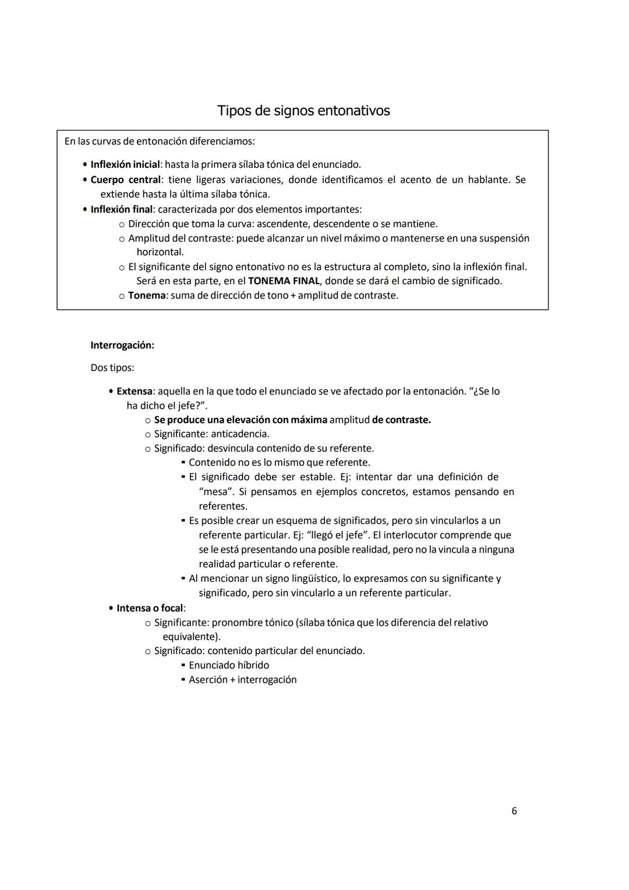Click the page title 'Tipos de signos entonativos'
click(303, 111)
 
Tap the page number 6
click(514, 811)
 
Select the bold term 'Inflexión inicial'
click(125, 165)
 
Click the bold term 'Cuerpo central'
click(125, 180)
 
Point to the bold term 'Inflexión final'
click(121, 209)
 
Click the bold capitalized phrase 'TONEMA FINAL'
click(284, 281)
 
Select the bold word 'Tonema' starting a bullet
click(147, 295)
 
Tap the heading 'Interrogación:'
click(122, 345)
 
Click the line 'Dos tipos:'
click(112, 368)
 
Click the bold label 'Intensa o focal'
click(150, 608)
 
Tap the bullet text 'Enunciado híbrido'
click(229, 665)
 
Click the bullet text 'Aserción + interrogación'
click(242, 680)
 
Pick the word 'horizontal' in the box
click(160, 252)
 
